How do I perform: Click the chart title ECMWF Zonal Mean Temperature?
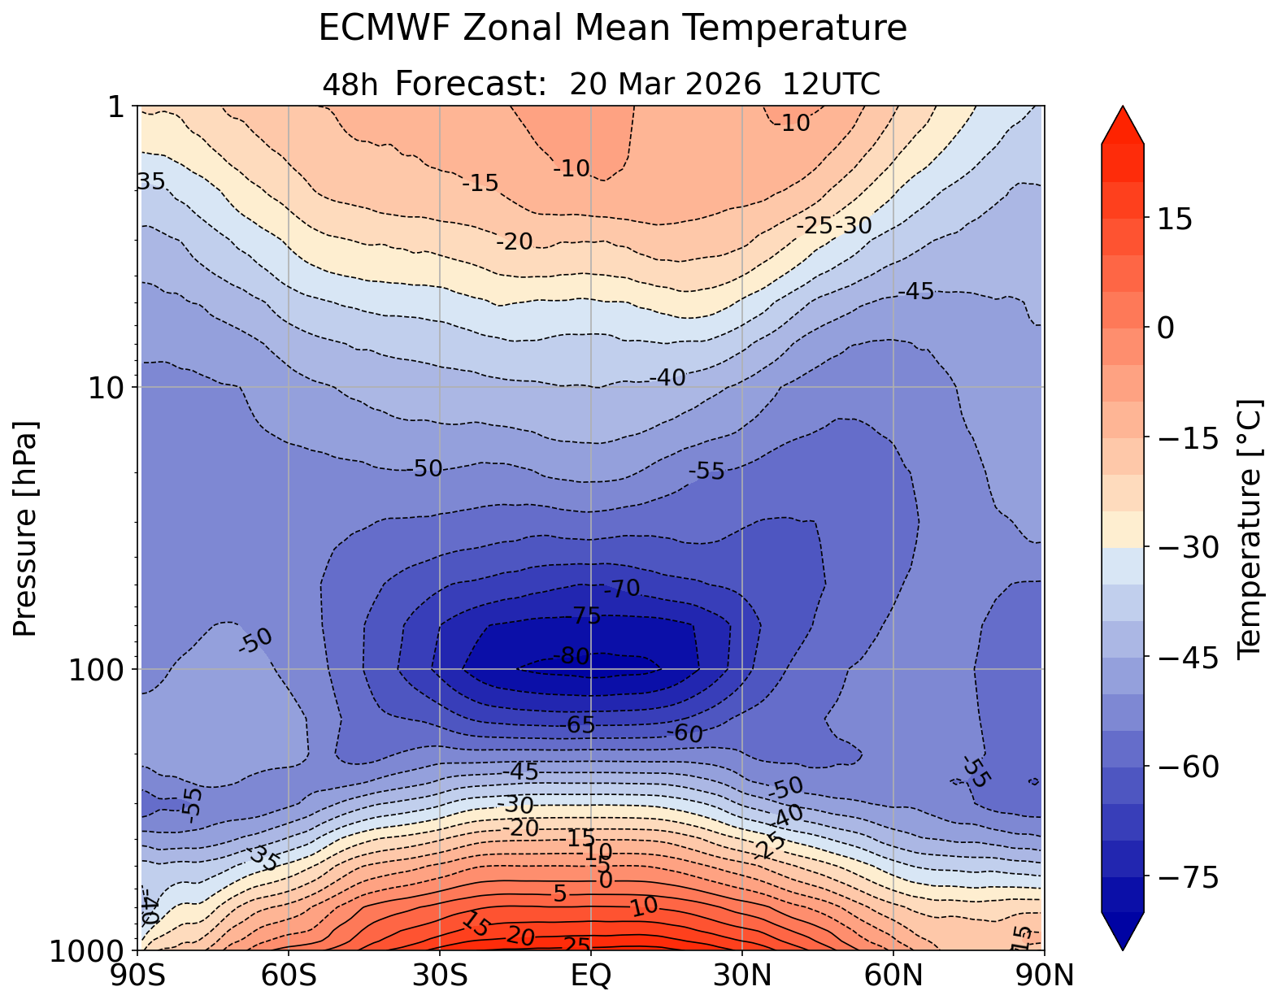612,28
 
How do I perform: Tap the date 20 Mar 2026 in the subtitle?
666,84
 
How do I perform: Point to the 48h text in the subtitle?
350,85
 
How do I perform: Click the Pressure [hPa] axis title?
26,528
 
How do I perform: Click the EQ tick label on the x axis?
591,976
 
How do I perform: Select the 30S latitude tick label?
440,976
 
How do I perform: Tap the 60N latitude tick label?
893,976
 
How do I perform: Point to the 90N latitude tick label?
1045,976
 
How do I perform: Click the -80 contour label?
571,656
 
